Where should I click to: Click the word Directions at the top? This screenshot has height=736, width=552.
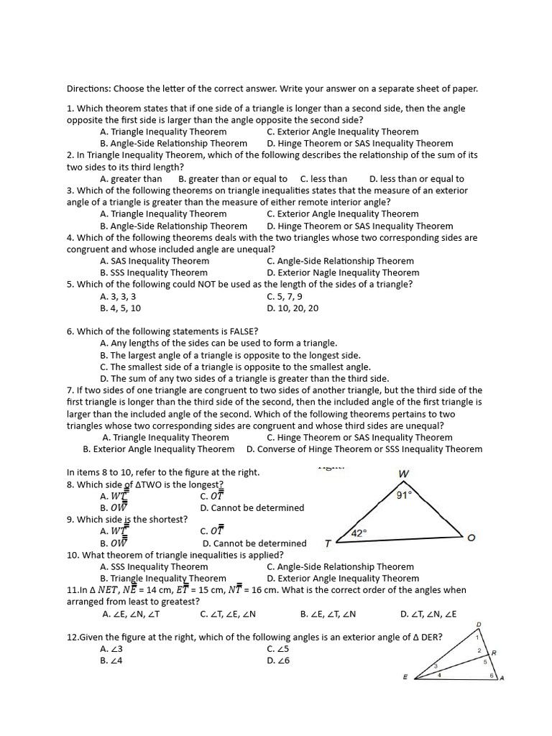88,89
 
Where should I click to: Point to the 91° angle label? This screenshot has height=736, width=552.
404,494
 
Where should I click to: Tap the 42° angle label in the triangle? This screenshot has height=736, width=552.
359,533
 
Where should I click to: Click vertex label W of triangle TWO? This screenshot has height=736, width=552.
402,474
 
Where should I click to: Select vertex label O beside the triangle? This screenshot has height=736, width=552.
471,538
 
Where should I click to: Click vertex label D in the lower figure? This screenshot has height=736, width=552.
479,624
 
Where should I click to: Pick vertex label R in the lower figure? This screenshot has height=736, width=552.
494,653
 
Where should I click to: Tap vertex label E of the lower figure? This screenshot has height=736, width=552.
405,677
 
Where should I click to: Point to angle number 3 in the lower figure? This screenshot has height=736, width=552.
436,667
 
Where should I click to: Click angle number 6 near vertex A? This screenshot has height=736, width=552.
492,676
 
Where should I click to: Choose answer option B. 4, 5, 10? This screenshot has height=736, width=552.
121,308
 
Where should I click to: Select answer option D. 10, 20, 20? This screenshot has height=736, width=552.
293,308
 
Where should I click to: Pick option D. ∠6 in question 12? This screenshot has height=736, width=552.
277,661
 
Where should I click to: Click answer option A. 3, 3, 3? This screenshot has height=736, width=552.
119,296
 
